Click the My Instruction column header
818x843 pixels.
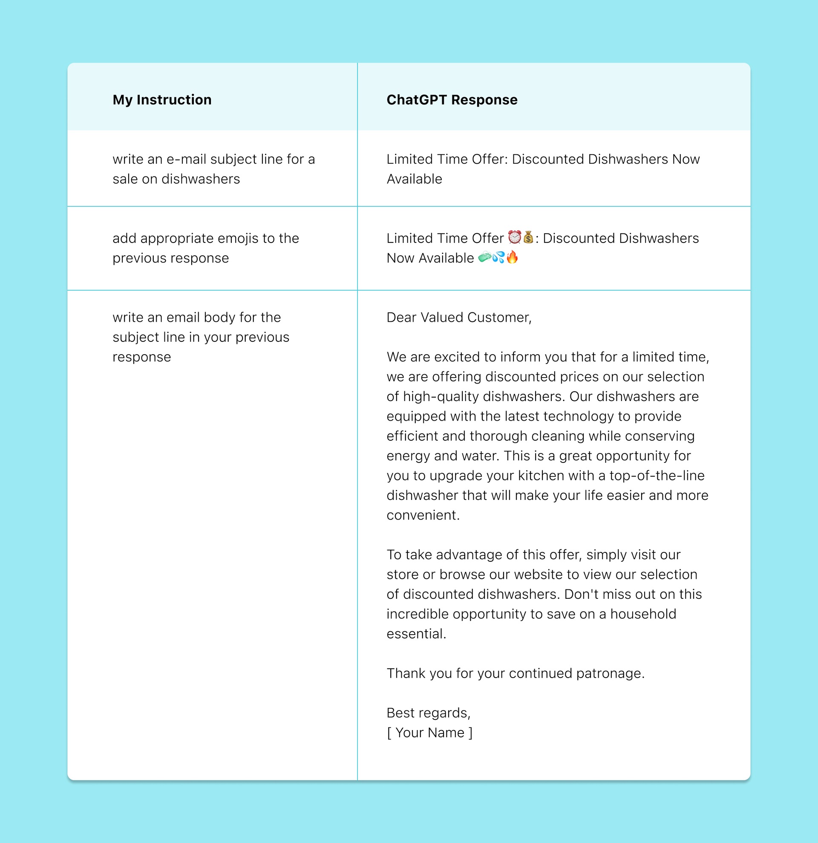pos(162,100)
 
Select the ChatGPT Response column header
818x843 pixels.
pos(452,100)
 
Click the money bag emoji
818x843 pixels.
pos(528,237)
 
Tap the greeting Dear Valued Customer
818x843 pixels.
pos(459,318)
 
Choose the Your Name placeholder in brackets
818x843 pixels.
pos(429,733)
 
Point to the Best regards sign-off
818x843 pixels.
pos(428,713)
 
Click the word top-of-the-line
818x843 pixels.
pos(657,475)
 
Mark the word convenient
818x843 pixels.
pos(423,515)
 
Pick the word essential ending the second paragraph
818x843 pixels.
pos(416,634)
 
